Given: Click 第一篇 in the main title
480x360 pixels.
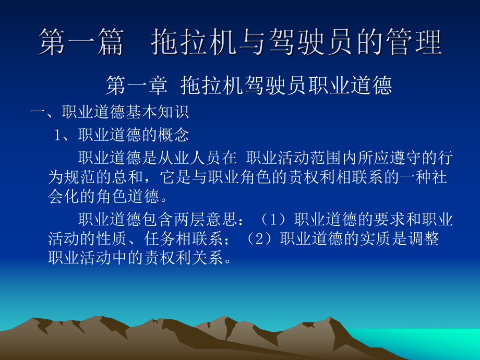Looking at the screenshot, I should (x=81, y=43).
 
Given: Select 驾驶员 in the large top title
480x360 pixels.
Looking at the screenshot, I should (x=320, y=43).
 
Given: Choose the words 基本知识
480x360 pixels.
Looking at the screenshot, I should (x=157, y=112).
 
